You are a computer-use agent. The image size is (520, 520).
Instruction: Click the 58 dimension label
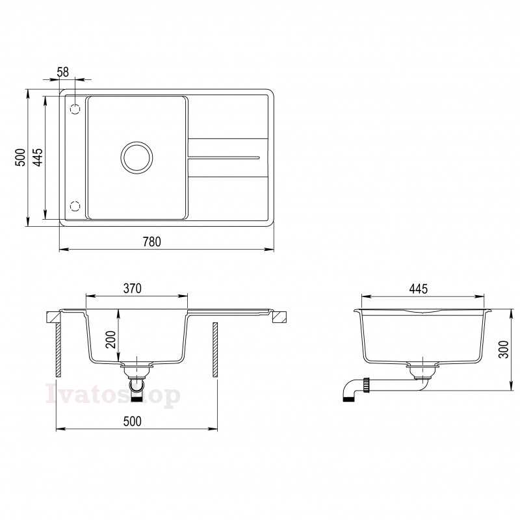click(62, 72)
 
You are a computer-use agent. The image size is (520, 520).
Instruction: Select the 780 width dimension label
click(152, 242)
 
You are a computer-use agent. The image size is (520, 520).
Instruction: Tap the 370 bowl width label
click(133, 289)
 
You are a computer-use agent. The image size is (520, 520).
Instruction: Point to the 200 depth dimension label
click(112, 339)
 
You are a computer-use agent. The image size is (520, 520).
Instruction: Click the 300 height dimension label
click(503, 349)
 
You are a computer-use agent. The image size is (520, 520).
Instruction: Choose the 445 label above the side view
click(418, 289)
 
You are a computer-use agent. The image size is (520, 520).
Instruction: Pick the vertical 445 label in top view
click(38, 157)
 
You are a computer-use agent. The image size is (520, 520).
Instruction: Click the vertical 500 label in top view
click(21, 157)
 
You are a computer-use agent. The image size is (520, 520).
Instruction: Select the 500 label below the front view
click(133, 421)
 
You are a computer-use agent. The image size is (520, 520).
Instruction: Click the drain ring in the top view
click(136, 142)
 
